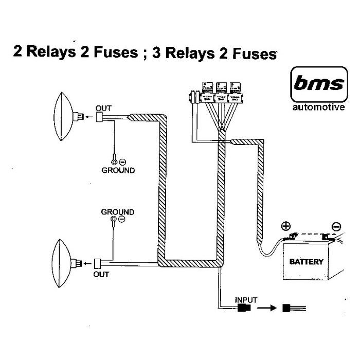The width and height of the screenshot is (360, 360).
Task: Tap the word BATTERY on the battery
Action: click(x=307, y=262)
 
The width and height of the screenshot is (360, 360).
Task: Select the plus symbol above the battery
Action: click(x=285, y=226)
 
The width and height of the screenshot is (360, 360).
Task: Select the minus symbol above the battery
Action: click(x=336, y=226)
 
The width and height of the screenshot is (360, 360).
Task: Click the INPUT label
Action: click(x=245, y=300)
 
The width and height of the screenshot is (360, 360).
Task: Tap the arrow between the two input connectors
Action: click(x=265, y=309)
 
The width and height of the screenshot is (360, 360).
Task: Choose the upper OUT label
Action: click(x=103, y=108)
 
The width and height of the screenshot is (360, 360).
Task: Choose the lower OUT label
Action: click(x=101, y=274)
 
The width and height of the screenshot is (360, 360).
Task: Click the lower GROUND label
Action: click(x=117, y=212)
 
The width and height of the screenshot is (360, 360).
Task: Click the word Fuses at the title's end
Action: click(x=255, y=53)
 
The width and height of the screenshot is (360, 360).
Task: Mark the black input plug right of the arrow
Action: click(x=286, y=309)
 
